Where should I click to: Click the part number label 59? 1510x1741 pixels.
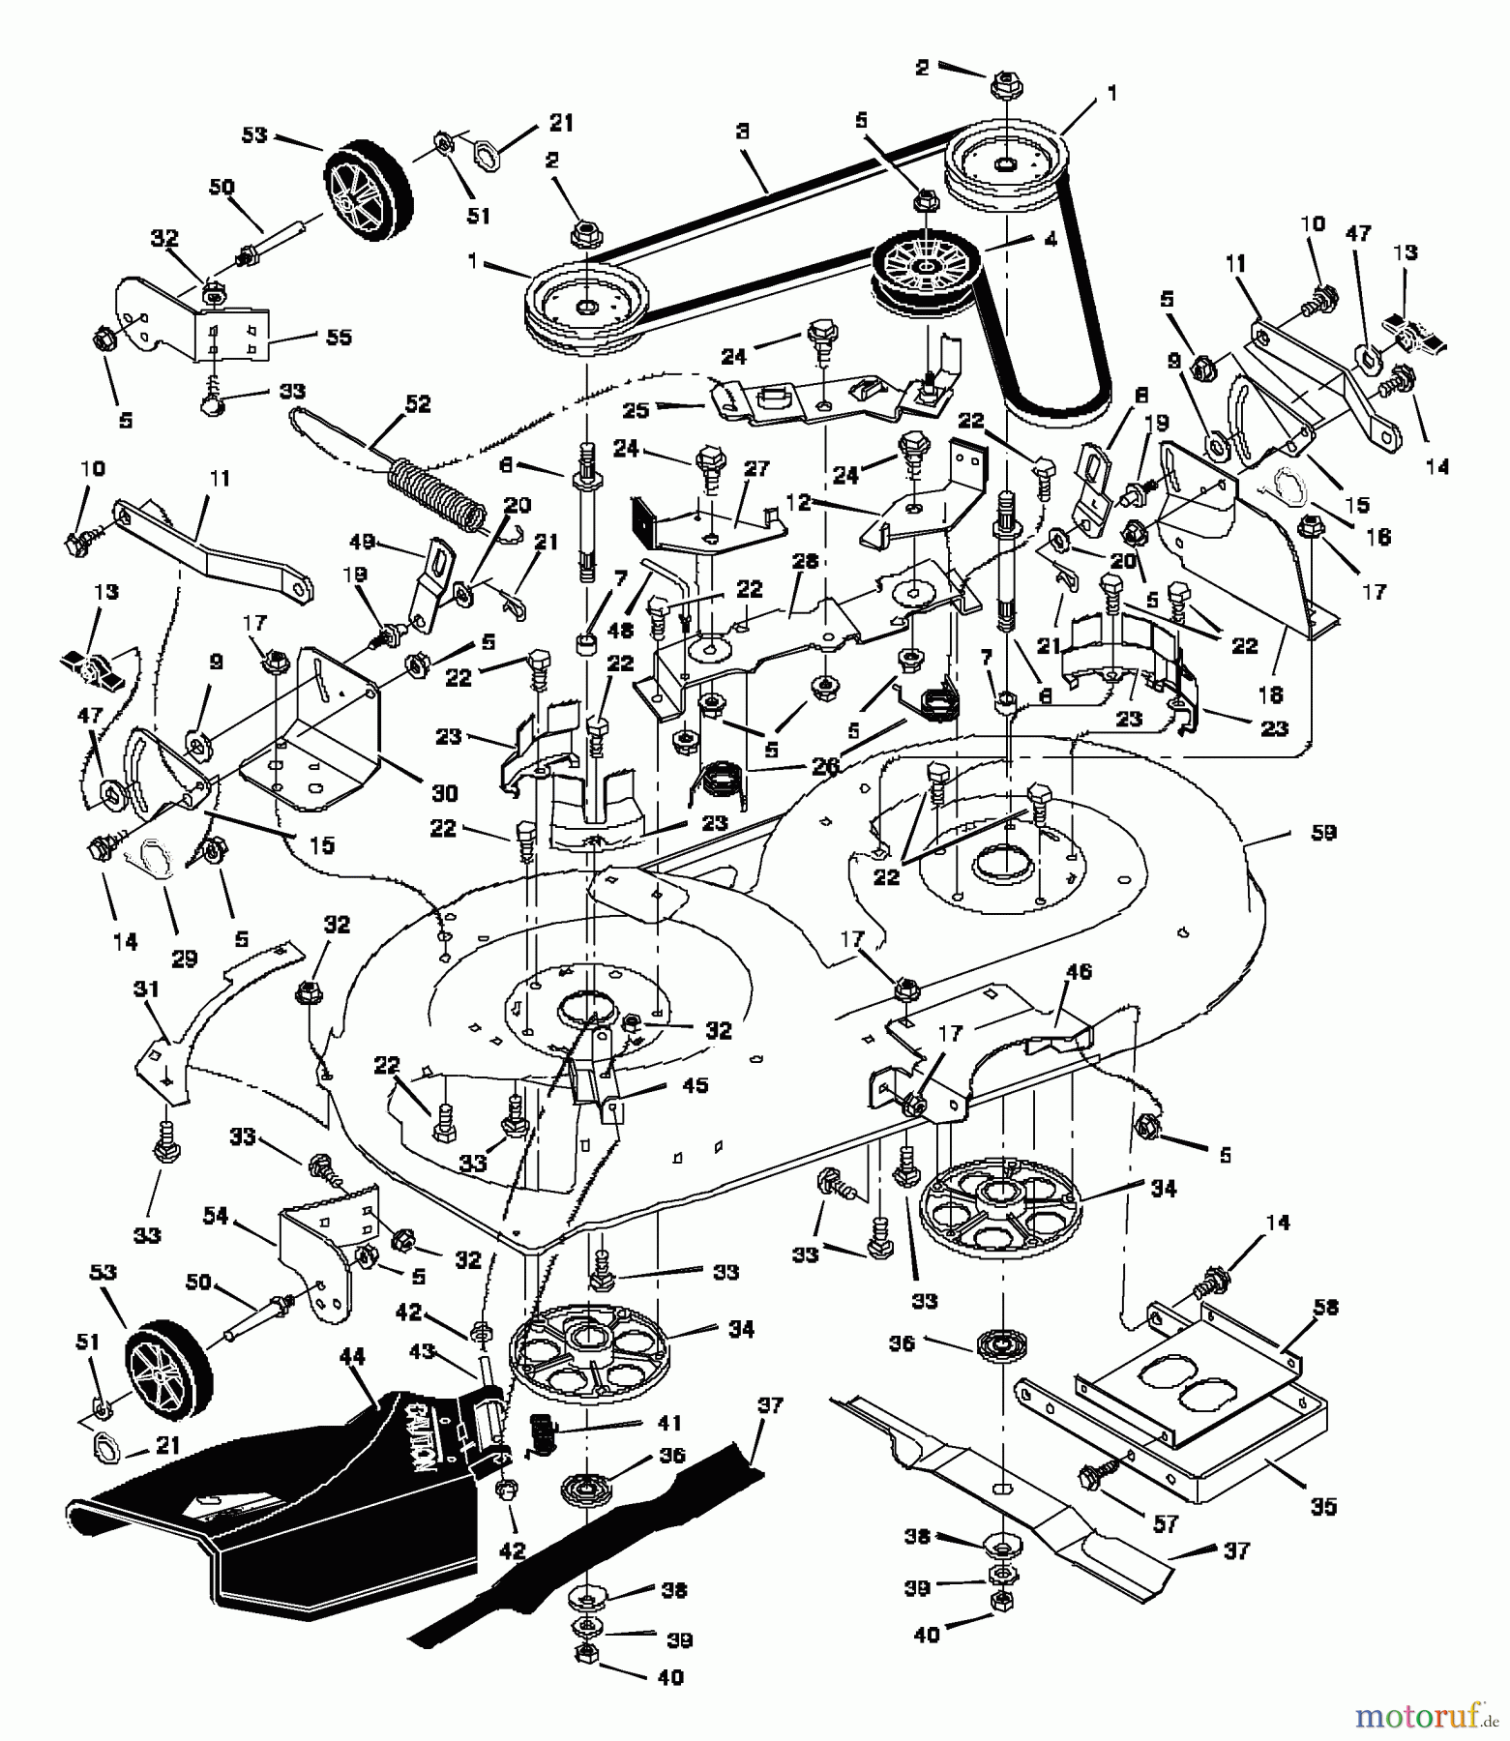pyautogui.click(x=1322, y=833)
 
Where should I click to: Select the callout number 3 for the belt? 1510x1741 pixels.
pyautogui.click(x=742, y=133)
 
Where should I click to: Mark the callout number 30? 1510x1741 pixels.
pyautogui.click(x=444, y=792)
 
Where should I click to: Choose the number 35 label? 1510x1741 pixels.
pyautogui.click(x=1322, y=1506)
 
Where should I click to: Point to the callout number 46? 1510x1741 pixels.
pyautogui.click(x=1078, y=972)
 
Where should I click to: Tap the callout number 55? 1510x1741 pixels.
pyautogui.click(x=339, y=337)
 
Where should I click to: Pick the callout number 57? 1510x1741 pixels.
pyautogui.click(x=1166, y=1524)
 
